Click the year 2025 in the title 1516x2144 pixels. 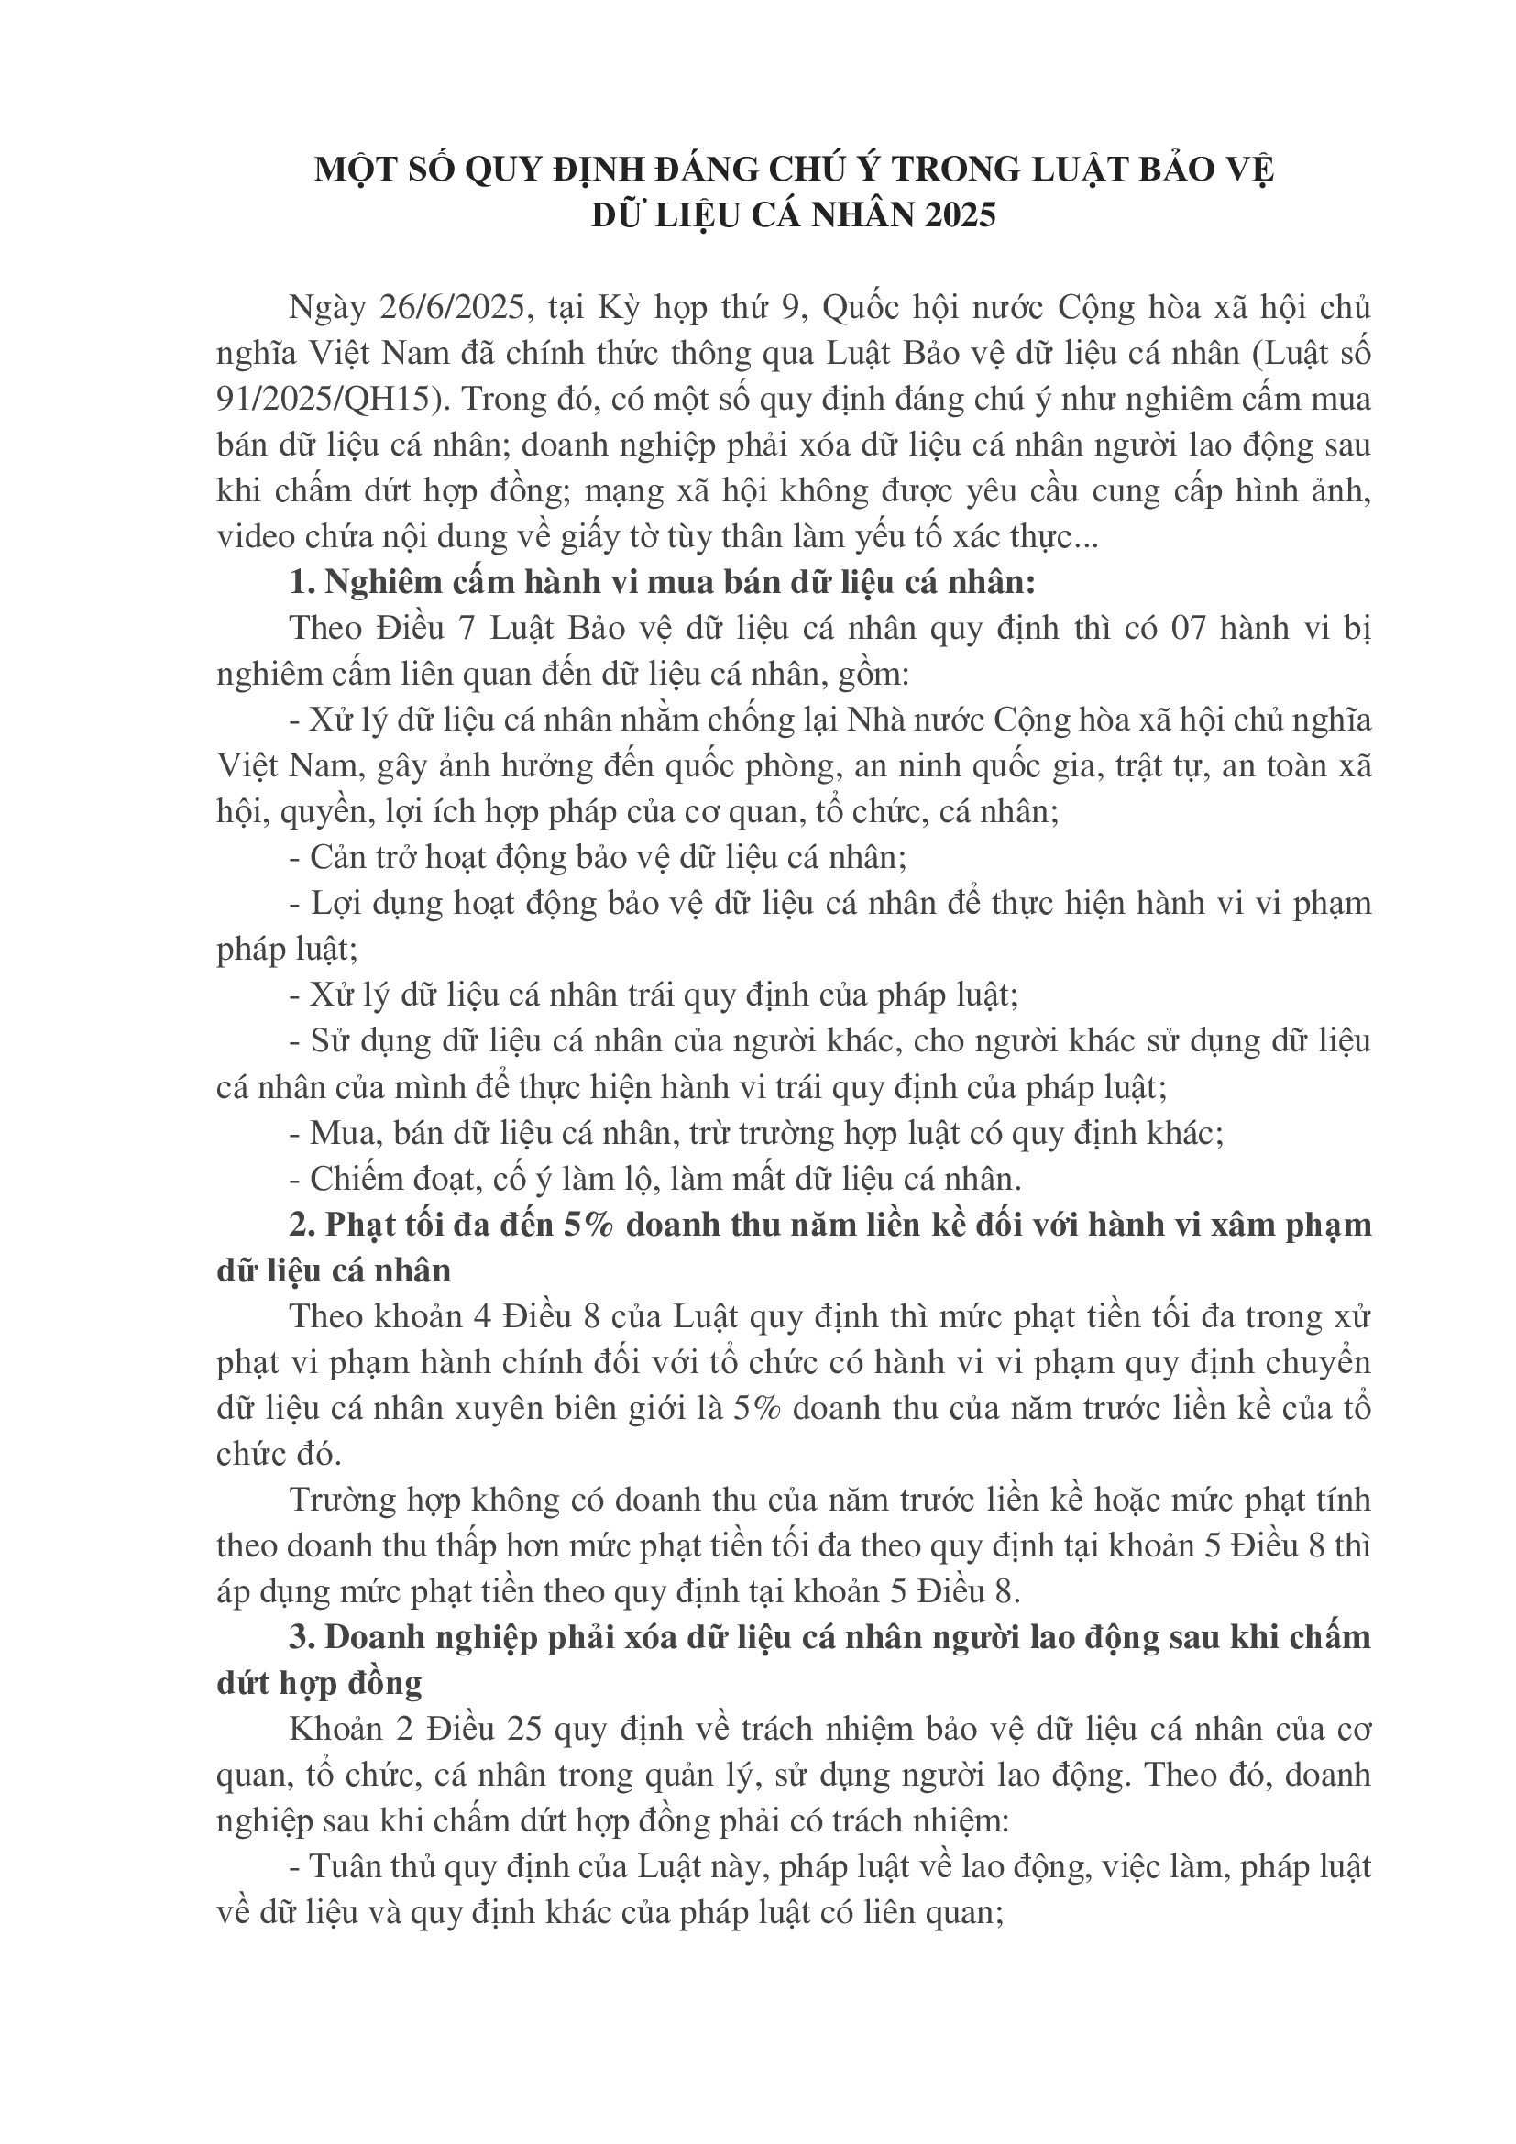click(961, 215)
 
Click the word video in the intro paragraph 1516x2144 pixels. click(251, 537)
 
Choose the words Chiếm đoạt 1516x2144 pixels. click(385, 1179)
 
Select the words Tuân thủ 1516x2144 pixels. click(367, 1865)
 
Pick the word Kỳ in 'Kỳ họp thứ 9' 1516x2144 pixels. click(618, 307)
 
